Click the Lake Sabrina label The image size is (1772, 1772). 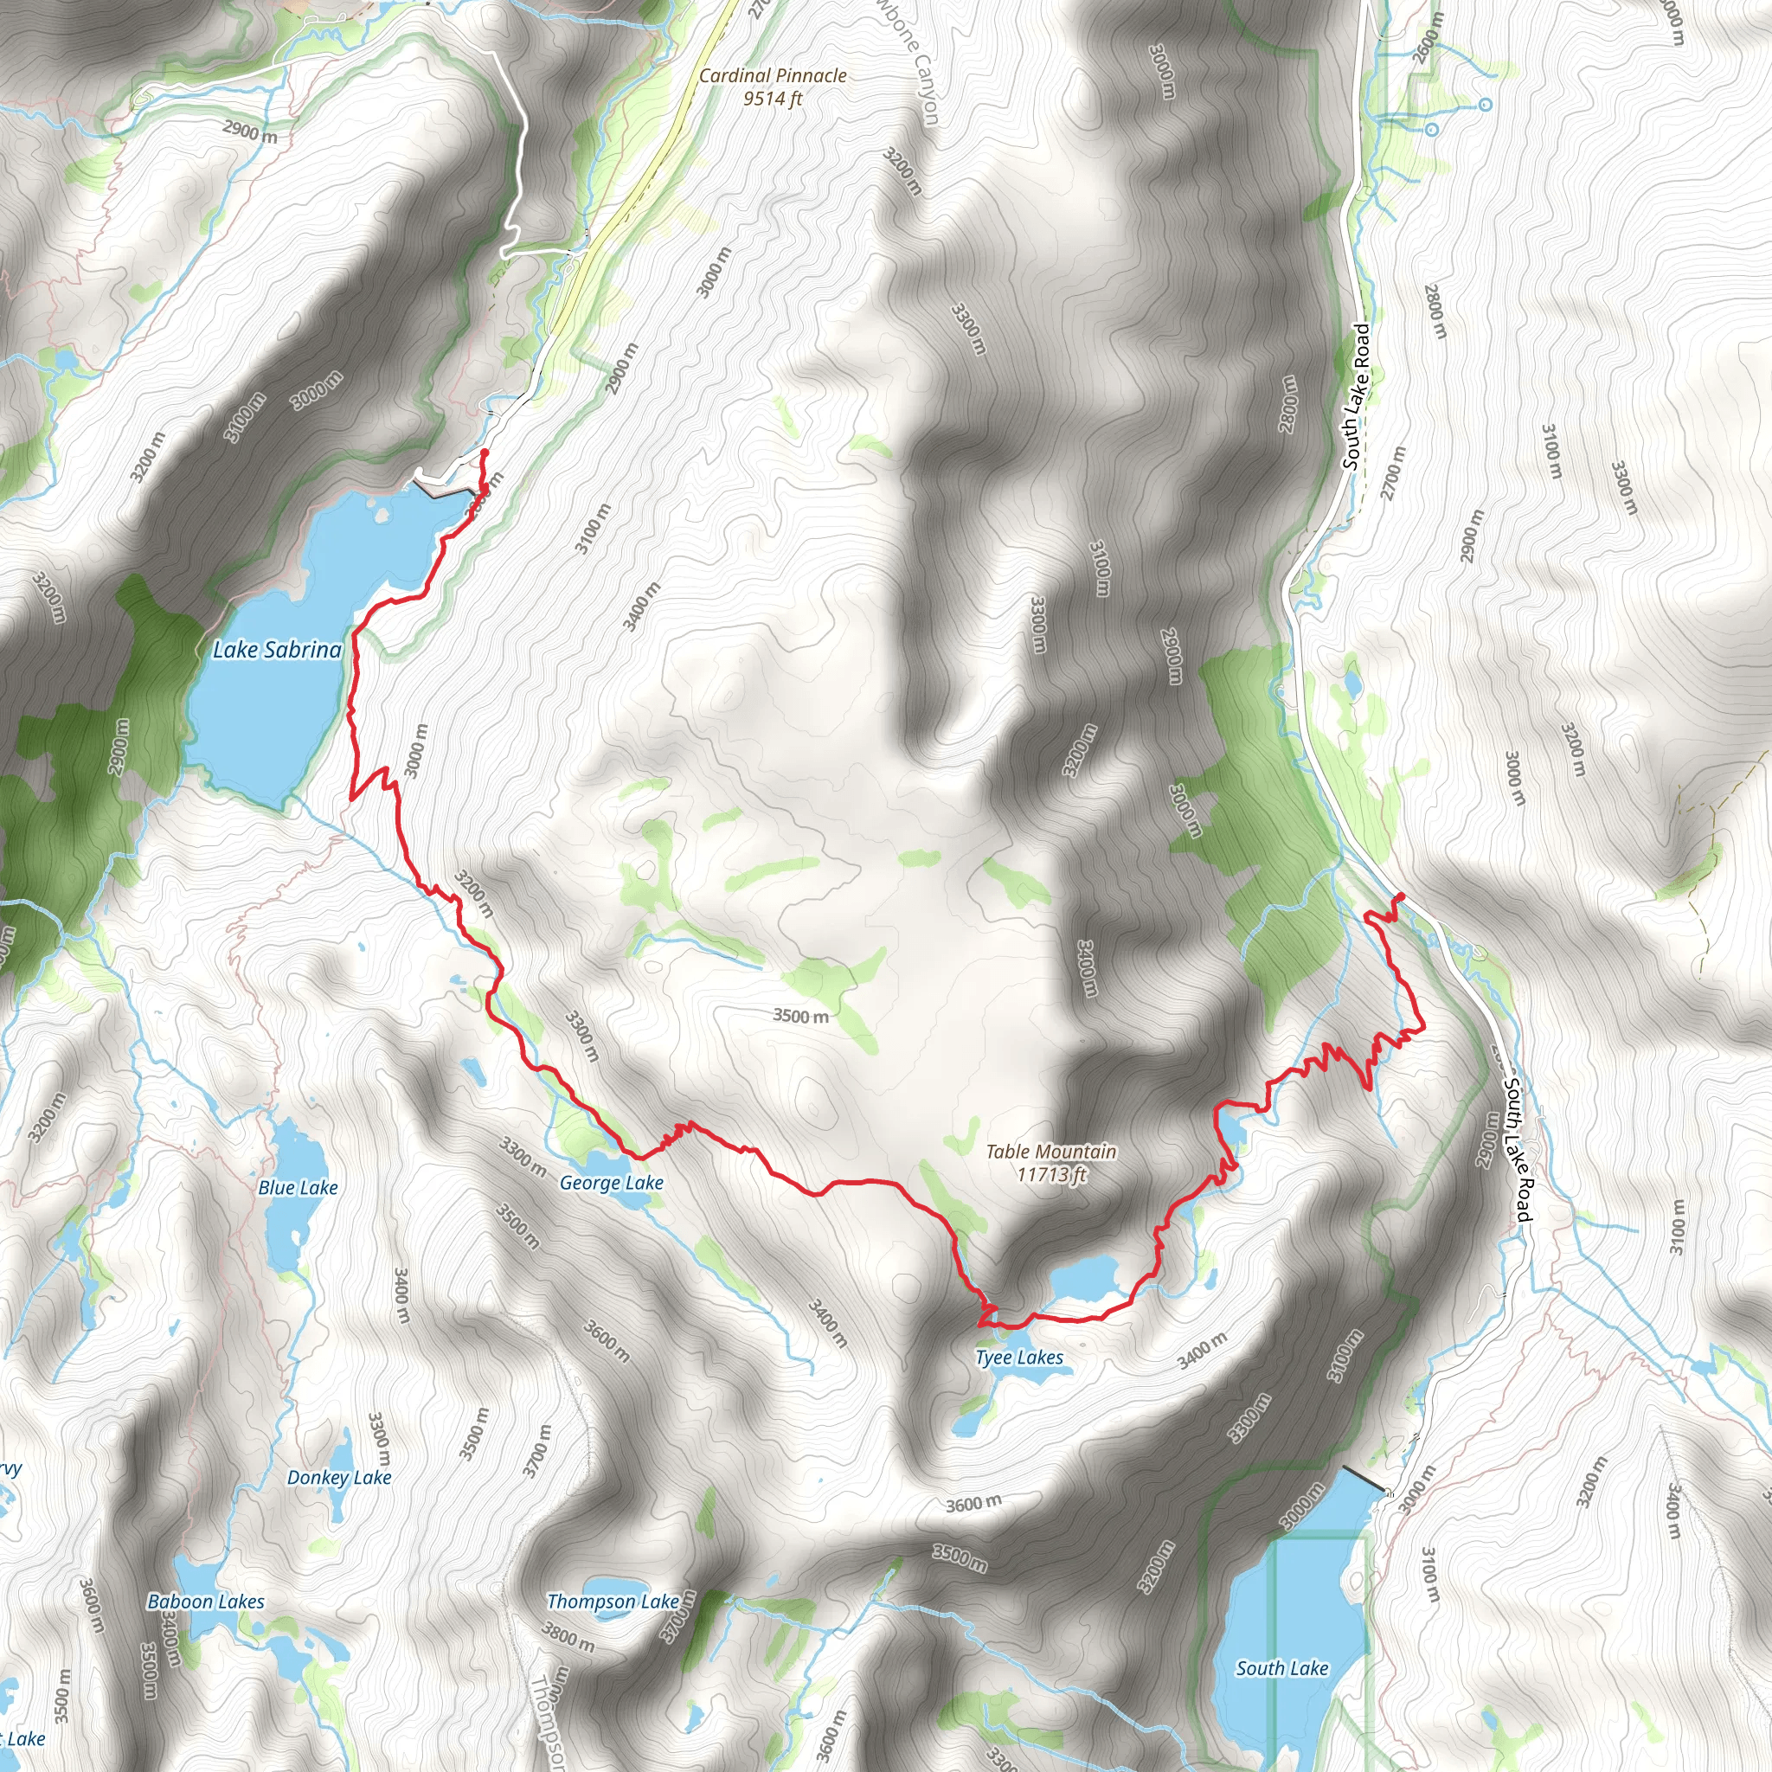coord(277,651)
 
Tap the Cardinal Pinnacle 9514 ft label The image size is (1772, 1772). coord(773,87)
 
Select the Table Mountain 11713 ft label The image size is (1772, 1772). coord(1051,1162)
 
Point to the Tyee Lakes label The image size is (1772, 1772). coord(1019,1358)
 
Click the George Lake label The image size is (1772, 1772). coord(612,1183)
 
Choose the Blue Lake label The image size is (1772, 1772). coord(299,1188)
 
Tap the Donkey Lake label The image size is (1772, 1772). coord(339,1478)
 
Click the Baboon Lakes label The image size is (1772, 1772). coord(207,1602)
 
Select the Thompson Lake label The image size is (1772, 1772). coord(613,1602)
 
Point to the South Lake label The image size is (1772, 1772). coord(1281,1668)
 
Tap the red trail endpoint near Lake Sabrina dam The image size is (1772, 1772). coord(485,453)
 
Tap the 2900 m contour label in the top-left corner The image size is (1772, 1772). coord(249,132)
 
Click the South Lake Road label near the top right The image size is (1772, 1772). coord(1357,396)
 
